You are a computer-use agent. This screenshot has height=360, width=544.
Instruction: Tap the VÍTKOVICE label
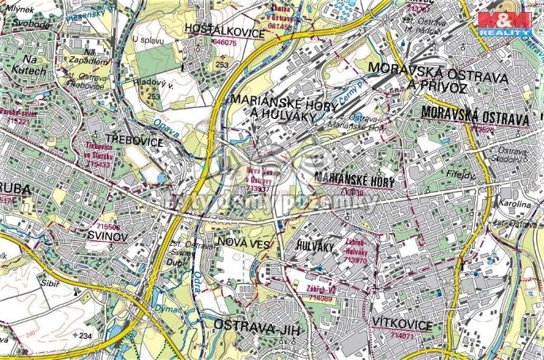point(400,324)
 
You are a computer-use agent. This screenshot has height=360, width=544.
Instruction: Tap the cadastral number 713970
point(358,259)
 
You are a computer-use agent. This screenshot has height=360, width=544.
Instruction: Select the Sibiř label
point(52,281)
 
